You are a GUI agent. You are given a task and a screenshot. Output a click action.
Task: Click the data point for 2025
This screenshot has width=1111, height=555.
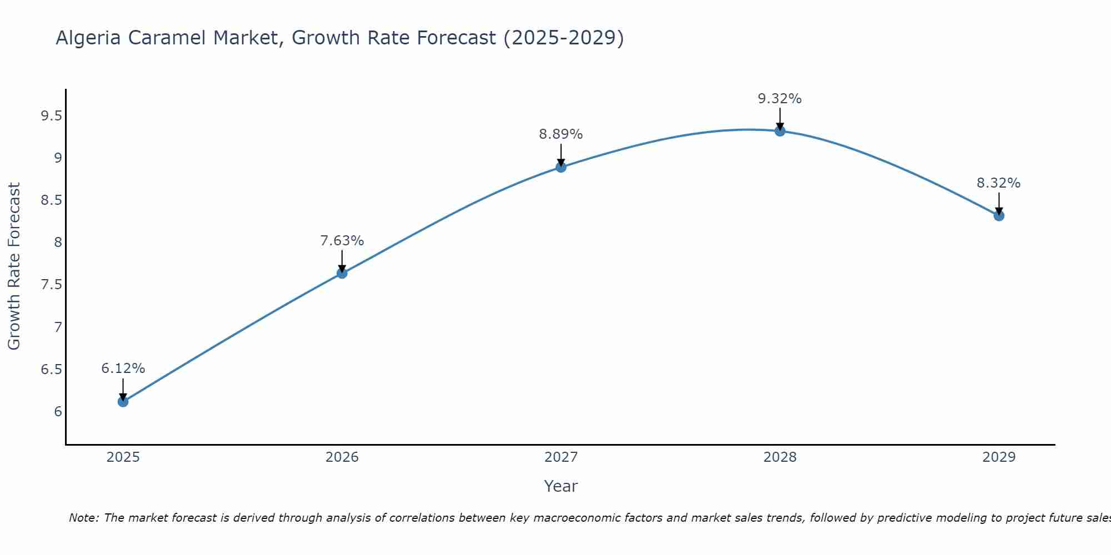click(x=123, y=401)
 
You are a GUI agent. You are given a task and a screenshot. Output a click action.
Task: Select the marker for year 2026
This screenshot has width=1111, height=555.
click(x=342, y=273)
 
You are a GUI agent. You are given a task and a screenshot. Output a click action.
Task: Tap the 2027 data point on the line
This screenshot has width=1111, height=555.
click(x=561, y=167)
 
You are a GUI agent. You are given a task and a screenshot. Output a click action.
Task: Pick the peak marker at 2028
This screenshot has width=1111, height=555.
click(x=780, y=131)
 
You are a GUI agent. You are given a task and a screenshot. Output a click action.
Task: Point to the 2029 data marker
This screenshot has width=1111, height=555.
click(x=999, y=215)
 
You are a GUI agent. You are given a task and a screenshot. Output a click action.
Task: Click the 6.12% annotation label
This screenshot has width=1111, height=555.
click(x=123, y=369)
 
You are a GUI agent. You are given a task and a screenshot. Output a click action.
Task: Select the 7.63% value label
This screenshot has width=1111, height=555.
click(x=342, y=241)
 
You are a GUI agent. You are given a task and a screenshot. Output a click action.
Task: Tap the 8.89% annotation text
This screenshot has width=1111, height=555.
click(x=560, y=134)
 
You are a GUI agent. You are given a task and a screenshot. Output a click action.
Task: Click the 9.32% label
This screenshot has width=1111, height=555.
click(x=779, y=99)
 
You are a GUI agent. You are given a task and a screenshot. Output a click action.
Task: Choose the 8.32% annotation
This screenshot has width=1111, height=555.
click(x=998, y=183)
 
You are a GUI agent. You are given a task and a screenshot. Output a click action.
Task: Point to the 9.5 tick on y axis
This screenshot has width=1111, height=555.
click(x=51, y=116)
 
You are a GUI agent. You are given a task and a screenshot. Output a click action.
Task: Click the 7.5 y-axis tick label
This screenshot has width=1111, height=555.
click(x=51, y=285)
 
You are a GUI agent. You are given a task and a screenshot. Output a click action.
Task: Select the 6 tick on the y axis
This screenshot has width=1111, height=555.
click(x=58, y=412)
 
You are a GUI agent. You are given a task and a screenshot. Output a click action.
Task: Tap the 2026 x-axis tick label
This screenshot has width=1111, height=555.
click(x=342, y=457)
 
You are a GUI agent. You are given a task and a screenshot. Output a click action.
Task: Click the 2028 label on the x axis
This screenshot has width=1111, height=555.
click(x=779, y=457)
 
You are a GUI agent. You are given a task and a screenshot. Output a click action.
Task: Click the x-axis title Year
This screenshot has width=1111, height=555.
click(x=560, y=486)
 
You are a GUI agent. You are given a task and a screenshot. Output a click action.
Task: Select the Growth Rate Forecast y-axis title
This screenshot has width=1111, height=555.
click(x=14, y=266)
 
